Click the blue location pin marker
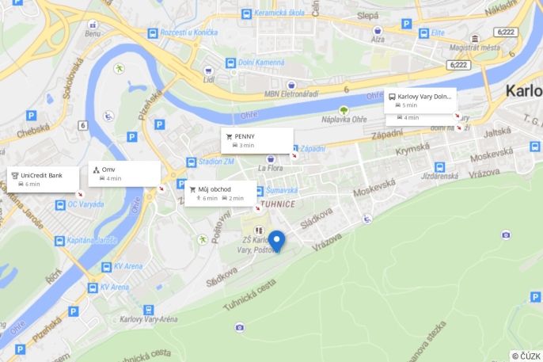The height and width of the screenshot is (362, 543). [276, 240]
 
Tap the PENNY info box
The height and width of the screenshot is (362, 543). [256, 140]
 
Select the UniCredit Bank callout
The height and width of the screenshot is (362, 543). [44, 179]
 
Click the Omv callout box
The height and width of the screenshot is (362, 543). [124, 173]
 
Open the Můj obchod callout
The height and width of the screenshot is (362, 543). [221, 193]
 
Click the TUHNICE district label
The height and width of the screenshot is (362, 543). [277, 204]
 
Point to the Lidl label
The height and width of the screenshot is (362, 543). [209, 79]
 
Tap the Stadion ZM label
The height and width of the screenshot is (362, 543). [216, 162]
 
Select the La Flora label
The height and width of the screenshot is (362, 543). [271, 168]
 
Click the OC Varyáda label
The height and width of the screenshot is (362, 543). [85, 205]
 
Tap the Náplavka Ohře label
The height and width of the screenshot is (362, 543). [344, 119]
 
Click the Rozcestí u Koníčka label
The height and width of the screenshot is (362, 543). [188, 32]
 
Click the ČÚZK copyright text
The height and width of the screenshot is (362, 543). [526, 356]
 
